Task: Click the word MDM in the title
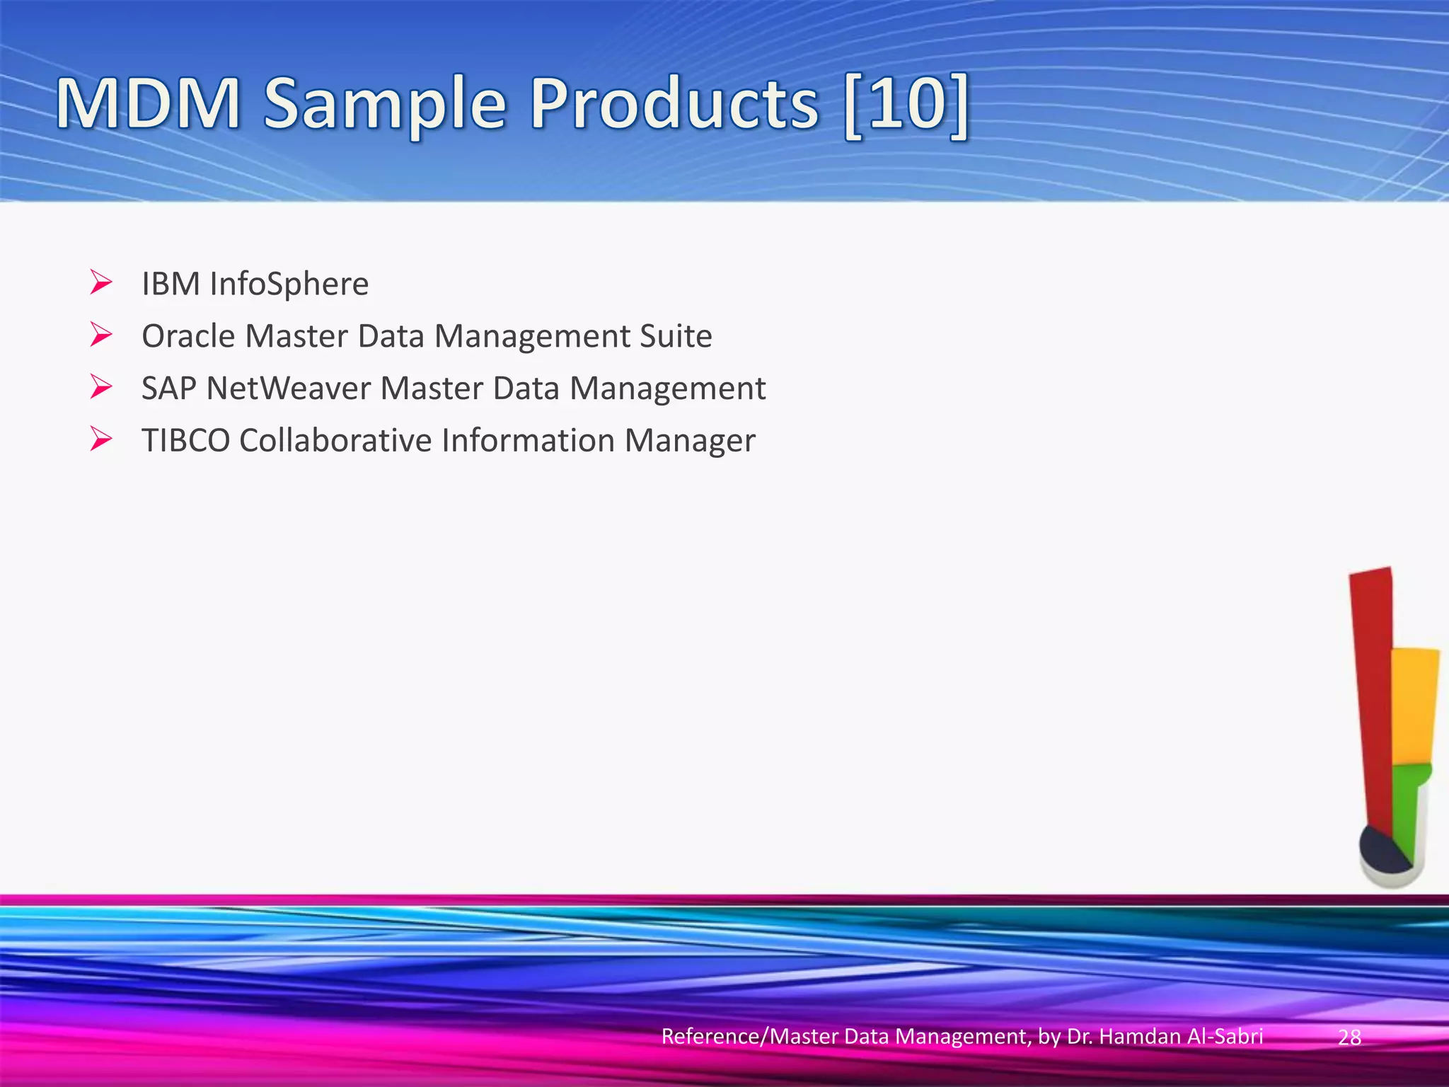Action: (x=149, y=105)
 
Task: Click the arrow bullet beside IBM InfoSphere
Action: (x=101, y=283)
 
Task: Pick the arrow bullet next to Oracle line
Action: (x=101, y=335)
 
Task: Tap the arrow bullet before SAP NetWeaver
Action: (x=101, y=387)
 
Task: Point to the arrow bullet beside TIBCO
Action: (x=101, y=439)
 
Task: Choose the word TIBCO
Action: (x=186, y=440)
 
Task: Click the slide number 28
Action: (x=1349, y=1037)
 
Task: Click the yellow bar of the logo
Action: (x=1414, y=708)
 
